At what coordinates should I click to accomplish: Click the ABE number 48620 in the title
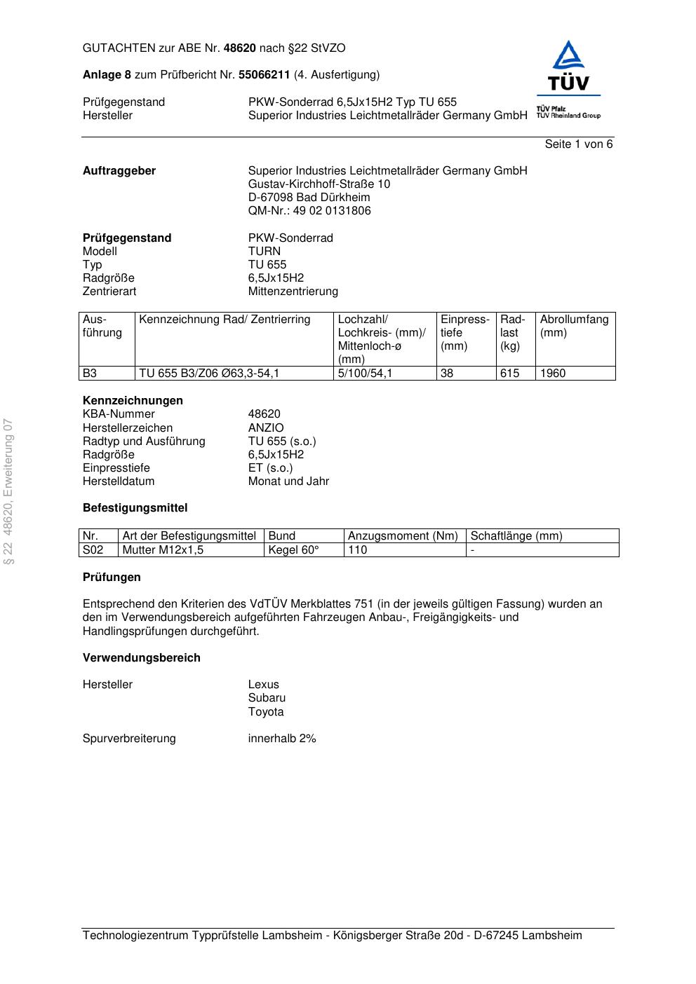coord(239,48)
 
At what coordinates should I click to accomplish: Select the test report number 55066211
coord(264,74)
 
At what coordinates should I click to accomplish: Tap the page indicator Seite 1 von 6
coord(578,144)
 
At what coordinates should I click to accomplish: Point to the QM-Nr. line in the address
coord(309,210)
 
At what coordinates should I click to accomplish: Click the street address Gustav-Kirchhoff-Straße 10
coord(319,184)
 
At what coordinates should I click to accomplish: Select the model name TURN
coord(264,251)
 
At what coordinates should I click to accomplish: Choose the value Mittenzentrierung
coord(293,291)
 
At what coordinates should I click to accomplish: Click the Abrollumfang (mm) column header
coord(574,326)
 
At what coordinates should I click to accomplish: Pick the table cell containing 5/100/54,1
coord(365,374)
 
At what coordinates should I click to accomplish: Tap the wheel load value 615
coord(509,374)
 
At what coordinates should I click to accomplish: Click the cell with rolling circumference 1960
coord(553,374)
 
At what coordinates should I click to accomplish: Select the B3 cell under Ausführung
coord(90,374)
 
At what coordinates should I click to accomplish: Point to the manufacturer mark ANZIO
coord(266,428)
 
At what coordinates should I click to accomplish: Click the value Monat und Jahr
coord(288,481)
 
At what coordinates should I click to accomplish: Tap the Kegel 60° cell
coord(293,550)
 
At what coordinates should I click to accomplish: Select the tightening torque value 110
coord(358,550)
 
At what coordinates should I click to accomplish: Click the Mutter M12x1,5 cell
coord(163,550)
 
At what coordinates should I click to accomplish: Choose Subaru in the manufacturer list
coord(267,698)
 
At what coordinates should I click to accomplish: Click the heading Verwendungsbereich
coord(142,657)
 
